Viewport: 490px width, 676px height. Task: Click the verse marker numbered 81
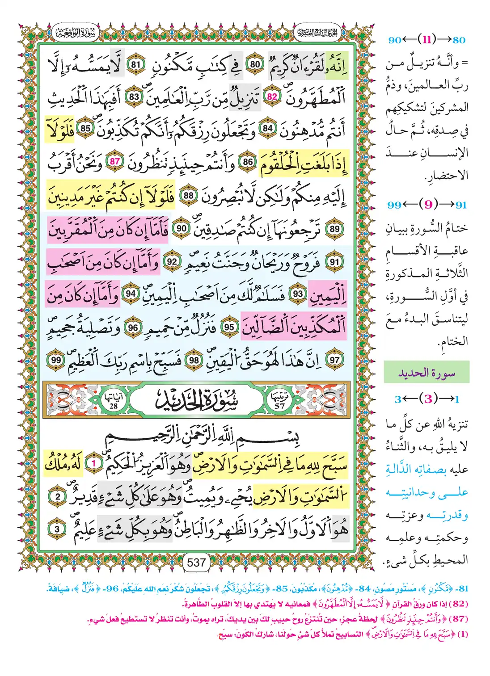tap(135, 65)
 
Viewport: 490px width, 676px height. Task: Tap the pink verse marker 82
tap(272, 97)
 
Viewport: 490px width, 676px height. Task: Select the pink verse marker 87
tap(115, 162)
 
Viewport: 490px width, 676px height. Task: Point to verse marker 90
tap(181, 228)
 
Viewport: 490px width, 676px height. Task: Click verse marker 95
tap(229, 328)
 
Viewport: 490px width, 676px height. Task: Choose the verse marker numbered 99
tap(56, 360)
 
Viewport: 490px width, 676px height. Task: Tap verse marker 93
tap(298, 294)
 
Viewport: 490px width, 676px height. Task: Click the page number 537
tap(196, 563)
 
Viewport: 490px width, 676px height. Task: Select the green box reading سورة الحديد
tap(427, 372)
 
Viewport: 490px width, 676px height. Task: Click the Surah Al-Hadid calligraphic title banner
tap(197, 400)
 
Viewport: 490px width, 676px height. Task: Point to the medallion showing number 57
tap(279, 400)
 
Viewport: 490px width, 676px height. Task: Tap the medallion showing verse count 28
tap(114, 400)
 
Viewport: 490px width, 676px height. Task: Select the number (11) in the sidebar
tap(427, 40)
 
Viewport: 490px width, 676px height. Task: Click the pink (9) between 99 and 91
tap(428, 205)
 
